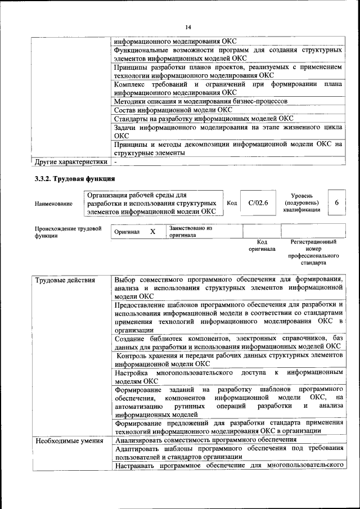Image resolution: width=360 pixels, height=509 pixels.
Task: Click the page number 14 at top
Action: pyautogui.click(x=188, y=27)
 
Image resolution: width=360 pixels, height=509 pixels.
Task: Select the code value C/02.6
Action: pyautogui.click(x=258, y=202)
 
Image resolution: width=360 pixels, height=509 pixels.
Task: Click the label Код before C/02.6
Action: pyautogui.click(x=232, y=202)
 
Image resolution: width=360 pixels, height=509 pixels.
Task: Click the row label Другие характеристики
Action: pyautogui.click(x=70, y=163)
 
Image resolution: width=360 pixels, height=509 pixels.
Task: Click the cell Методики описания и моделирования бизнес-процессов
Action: pyautogui.click(x=201, y=101)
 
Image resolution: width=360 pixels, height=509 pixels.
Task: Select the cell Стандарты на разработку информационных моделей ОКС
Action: pyautogui.click(x=204, y=119)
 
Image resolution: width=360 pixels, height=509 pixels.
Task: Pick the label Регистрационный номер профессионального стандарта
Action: pyautogui.click(x=313, y=252)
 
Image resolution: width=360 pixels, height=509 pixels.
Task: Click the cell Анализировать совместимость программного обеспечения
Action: pyautogui.click(x=205, y=440)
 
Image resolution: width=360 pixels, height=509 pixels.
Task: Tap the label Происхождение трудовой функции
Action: pyautogui.click(x=68, y=232)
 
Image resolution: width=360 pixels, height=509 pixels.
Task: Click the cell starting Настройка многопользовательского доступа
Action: pyautogui.click(x=228, y=376)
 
